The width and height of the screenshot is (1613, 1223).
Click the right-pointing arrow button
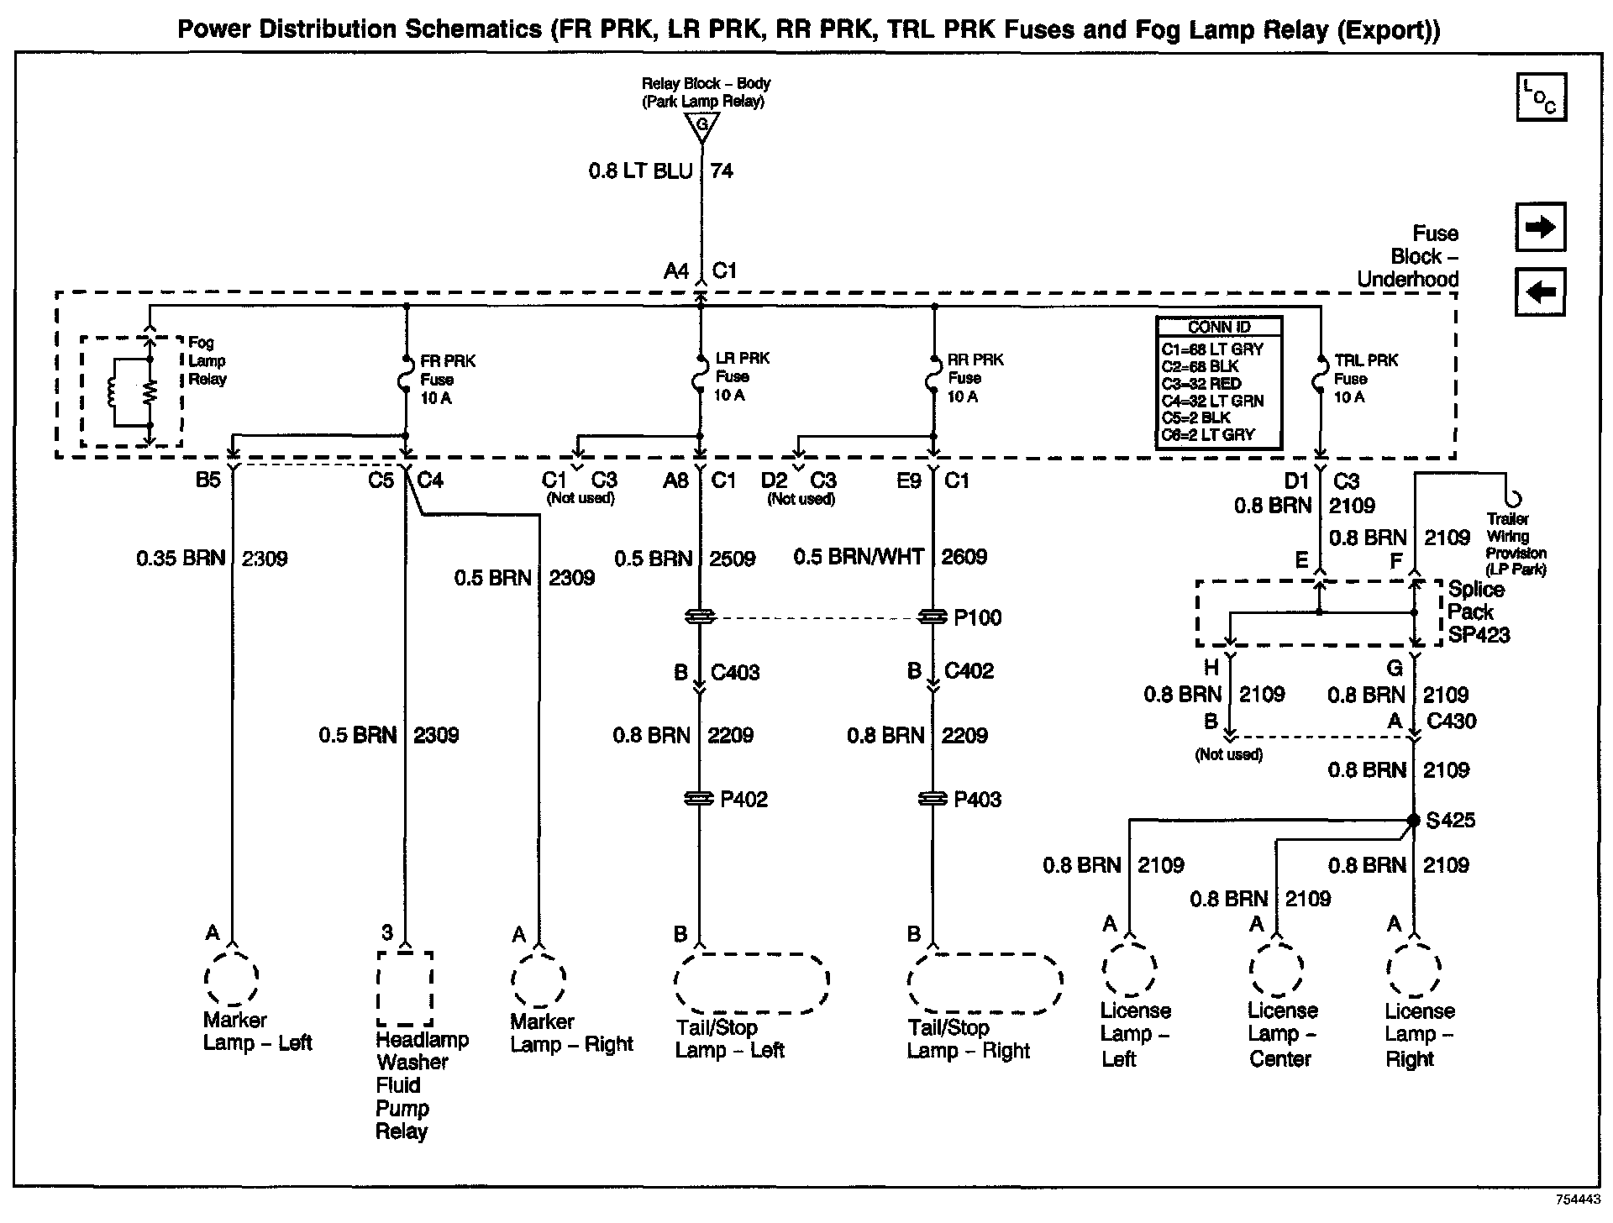1540,227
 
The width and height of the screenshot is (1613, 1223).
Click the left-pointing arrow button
1540,292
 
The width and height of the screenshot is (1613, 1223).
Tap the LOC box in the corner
1541,97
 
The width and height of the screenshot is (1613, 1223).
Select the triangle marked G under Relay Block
701,126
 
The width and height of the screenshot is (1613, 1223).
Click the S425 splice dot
1414,820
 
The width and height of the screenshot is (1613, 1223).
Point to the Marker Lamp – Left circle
231,977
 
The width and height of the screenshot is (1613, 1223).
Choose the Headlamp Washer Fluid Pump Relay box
405,988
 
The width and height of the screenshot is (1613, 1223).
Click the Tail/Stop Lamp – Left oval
751,982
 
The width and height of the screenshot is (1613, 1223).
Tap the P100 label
978,618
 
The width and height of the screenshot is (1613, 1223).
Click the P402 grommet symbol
700,799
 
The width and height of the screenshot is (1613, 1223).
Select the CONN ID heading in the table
1218,327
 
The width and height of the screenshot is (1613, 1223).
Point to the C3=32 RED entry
1201,384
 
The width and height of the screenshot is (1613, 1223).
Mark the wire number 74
722,171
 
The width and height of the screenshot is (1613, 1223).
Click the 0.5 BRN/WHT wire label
858,557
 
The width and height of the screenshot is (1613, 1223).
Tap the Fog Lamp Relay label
207,360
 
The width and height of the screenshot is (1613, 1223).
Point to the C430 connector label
1451,721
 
